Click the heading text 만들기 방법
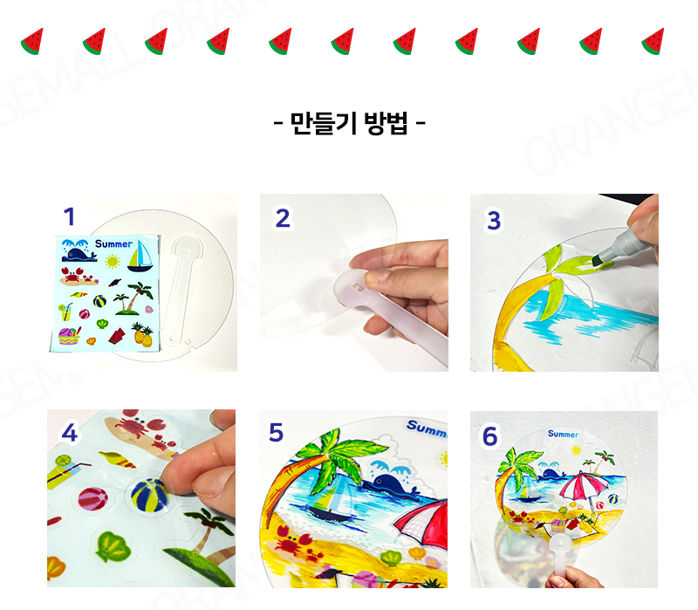click(x=349, y=123)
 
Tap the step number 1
click(x=69, y=216)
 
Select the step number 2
click(x=283, y=218)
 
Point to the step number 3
click(x=494, y=221)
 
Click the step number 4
click(x=70, y=432)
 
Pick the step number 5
click(x=276, y=432)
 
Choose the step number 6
click(x=489, y=436)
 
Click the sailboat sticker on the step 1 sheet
click(x=140, y=256)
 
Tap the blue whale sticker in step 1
click(x=79, y=254)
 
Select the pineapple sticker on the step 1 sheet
click(x=143, y=334)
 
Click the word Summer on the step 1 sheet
click(x=113, y=244)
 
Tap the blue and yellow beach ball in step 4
click(x=150, y=496)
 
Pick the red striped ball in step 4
click(x=93, y=498)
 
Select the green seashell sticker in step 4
click(x=113, y=546)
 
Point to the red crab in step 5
click(x=294, y=540)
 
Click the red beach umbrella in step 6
click(x=584, y=487)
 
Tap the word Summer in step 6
click(x=563, y=434)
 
